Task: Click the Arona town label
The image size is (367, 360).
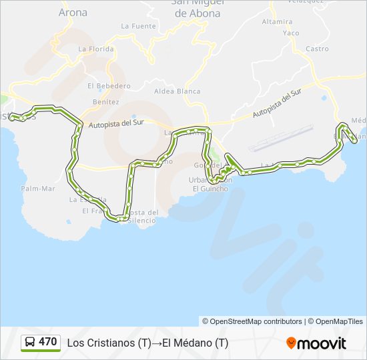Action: [x=73, y=12]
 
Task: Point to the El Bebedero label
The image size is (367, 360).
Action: [x=109, y=86]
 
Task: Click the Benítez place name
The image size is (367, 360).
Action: [x=105, y=102]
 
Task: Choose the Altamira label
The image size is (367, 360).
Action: [x=277, y=21]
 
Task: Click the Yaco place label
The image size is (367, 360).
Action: [x=291, y=33]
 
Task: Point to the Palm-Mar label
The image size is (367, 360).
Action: [x=37, y=188]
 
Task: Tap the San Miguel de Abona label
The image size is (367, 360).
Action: [x=198, y=8]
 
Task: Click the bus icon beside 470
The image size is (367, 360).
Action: [x=30, y=343]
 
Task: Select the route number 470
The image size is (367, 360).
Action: [x=48, y=342]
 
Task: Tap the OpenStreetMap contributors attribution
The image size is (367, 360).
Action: [x=252, y=321]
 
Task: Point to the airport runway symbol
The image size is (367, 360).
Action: [x=280, y=137]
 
